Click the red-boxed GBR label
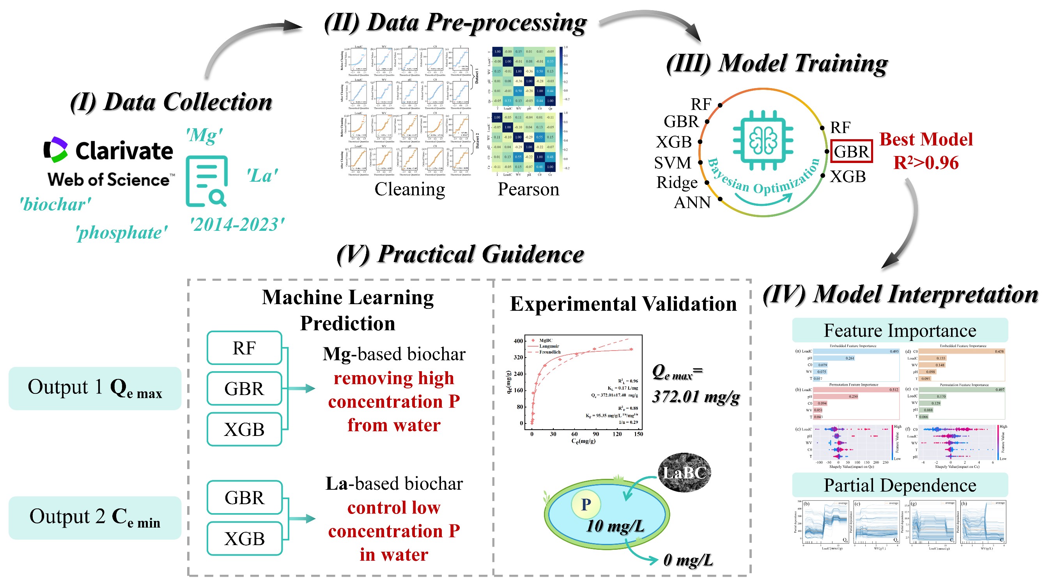(x=851, y=151)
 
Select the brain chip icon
(x=763, y=140)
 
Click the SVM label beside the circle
(x=672, y=163)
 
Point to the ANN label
(x=692, y=202)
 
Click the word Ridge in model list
(x=677, y=182)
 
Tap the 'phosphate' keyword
(x=121, y=233)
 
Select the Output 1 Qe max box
(x=94, y=388)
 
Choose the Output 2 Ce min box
(x=94, y=517)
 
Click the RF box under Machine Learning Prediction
(x=244, y=348)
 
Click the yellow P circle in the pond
(x=585, y=505)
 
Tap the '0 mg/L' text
(x=687, y=560)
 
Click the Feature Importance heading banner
(x=900, y=330)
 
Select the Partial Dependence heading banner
(x=900, y=485)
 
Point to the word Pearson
(x=528, y=189)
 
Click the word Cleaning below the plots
(x=409, y=189)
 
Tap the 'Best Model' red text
(x=926, y=140)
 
